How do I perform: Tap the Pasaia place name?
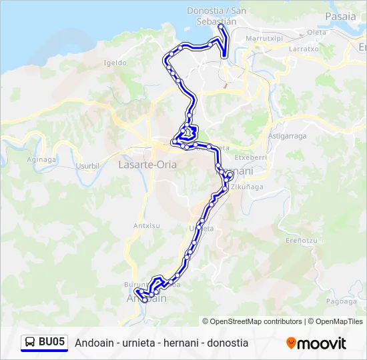click(x=340, y=16)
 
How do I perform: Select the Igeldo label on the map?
click(x=115, y=63)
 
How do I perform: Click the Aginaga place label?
click(x=41, y=160)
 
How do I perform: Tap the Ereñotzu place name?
click(x=299, y=240)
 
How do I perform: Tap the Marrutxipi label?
click(x=265, y=39)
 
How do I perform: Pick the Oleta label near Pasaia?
click(x=316, y=32)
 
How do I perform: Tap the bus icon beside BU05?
click(x=30, y=343)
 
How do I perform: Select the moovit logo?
click(x=316, y=343)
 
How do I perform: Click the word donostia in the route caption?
click(x=227, y=343)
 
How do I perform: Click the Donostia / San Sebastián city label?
click(x=217, y=16)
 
